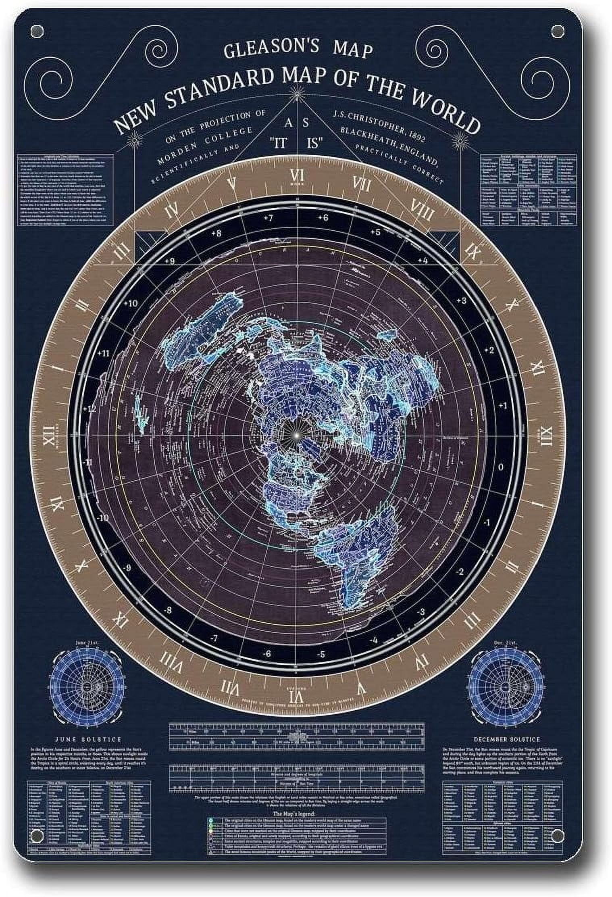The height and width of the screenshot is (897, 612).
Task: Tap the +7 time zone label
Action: pyautogui.click(x=269, y=218)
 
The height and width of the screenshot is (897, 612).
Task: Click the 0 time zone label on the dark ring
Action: pyautogui.click(x=501, y=467)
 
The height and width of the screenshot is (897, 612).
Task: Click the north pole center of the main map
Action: pyautogui.click(x=296, y=435)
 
